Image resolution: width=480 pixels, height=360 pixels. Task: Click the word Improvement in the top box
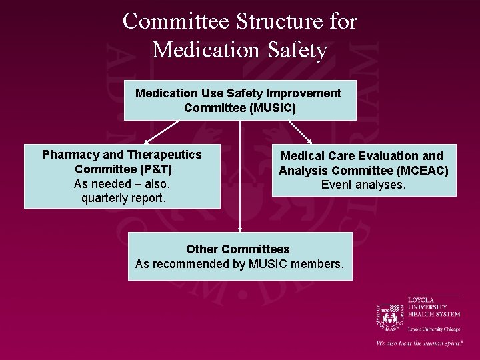pos(307,93)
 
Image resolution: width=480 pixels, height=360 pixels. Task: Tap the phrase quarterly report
pos(123,198)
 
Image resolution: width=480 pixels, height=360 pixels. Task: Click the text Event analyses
pos(363,185)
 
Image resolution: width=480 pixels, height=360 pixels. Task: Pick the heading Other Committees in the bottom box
pos(238,249)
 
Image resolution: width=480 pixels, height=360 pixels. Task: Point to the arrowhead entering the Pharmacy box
pos(147,141)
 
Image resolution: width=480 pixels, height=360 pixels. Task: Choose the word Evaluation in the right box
pos(391,156)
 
